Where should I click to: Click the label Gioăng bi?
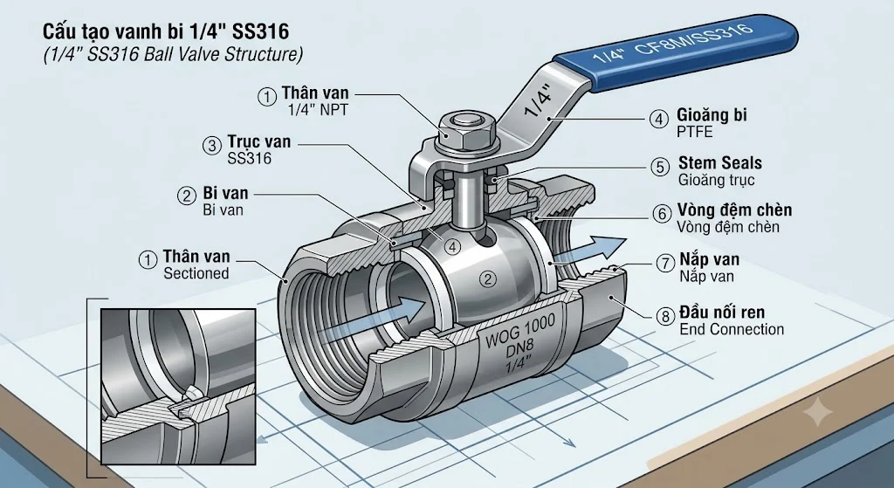[712, 114]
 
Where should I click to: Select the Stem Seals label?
[720, 162]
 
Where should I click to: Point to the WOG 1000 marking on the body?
[520, 333]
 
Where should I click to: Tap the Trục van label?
[258, 141]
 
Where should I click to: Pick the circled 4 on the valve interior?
[452, 247]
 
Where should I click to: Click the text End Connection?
[732, 329]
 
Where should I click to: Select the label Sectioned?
[196, 273]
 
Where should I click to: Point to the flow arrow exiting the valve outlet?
[590, 251]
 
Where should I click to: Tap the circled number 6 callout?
[662, 214]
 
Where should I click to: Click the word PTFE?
[694, 133]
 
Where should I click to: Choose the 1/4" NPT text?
[318, 110]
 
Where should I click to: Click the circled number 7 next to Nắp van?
[665, 264]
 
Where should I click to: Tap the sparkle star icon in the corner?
[816, 411]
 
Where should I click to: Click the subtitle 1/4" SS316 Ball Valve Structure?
[174, 54]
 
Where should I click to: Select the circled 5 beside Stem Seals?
[660, 167]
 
